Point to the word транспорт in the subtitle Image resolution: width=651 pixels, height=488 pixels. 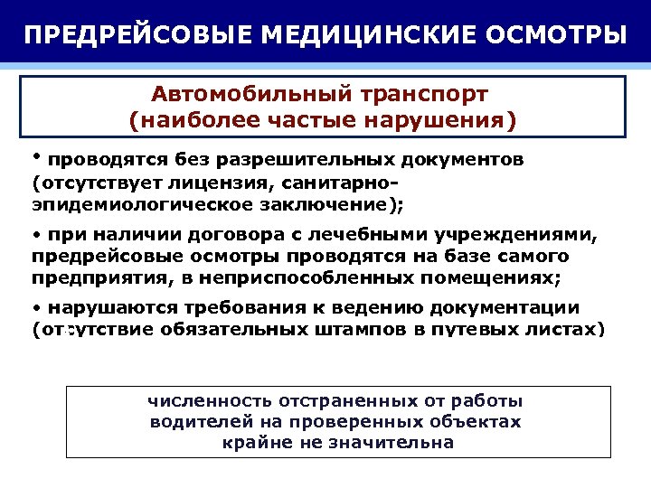click(423, 94)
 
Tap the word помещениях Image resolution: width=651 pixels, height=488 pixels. click(492, 277)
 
